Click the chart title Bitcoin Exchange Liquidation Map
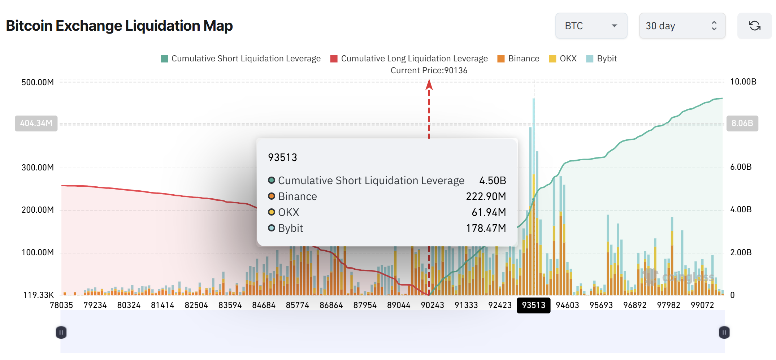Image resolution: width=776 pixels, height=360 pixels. (119, 26)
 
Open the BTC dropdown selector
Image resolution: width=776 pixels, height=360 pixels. (591, 26)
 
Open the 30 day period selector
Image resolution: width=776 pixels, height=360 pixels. (682, 26)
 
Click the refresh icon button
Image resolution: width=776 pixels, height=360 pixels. (754, 26)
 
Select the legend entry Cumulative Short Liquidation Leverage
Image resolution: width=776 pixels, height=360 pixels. (240, 59)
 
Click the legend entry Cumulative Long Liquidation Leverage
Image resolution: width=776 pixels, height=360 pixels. (409, 59)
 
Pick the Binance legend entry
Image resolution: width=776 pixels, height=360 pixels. (518, 59)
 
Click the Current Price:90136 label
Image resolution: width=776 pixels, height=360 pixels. (429, 70)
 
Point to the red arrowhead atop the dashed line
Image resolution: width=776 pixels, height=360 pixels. (429, 85)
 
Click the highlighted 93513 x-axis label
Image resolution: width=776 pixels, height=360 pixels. (533, 305)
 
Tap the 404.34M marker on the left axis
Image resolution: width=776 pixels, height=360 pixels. (36, 123)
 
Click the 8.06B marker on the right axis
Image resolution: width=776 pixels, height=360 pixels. (742, 123)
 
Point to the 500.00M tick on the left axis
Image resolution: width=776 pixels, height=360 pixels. (38, 82)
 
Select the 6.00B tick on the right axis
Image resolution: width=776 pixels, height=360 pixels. (741, 167)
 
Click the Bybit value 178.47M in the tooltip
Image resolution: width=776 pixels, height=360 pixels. (486, 228)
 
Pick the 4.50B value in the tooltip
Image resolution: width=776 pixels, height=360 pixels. (493, 181)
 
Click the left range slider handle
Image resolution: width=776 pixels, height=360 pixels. (61, 332)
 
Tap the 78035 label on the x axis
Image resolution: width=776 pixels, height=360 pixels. (61, 305)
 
